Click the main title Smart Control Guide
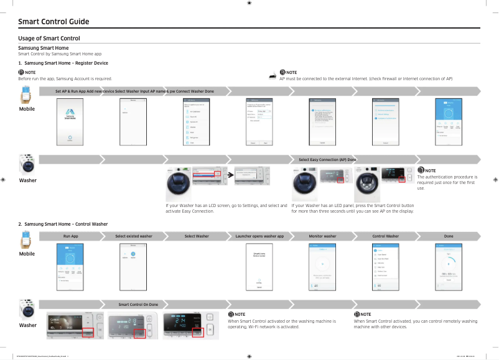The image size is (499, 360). coord(54,22)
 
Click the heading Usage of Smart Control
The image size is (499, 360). coord(49,39)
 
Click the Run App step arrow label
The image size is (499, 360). coord(70,236)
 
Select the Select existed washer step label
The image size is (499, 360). coord(133,236)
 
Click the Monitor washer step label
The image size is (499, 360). coord(322,236)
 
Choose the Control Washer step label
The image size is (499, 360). coord(385,236)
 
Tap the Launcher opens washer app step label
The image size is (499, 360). coord(259,236)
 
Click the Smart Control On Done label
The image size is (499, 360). coord(138,304)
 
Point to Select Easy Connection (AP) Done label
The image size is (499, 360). coord(327,160)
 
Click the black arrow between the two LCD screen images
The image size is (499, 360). coord(231,175)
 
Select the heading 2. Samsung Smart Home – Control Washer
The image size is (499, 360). coord(63,223)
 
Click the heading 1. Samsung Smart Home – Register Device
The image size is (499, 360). coord(63,63)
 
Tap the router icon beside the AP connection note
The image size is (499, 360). coord(272,76)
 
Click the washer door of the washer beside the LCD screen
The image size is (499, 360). coord(179,185)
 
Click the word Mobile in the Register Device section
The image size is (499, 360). coord(27,109)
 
